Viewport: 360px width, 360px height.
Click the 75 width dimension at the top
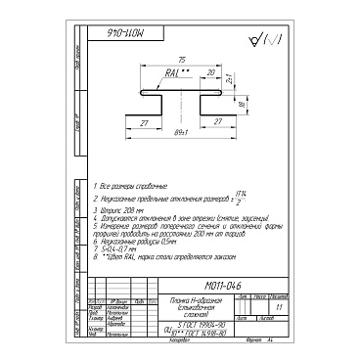point(180,59)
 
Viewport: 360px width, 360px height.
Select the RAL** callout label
point(175,73)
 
